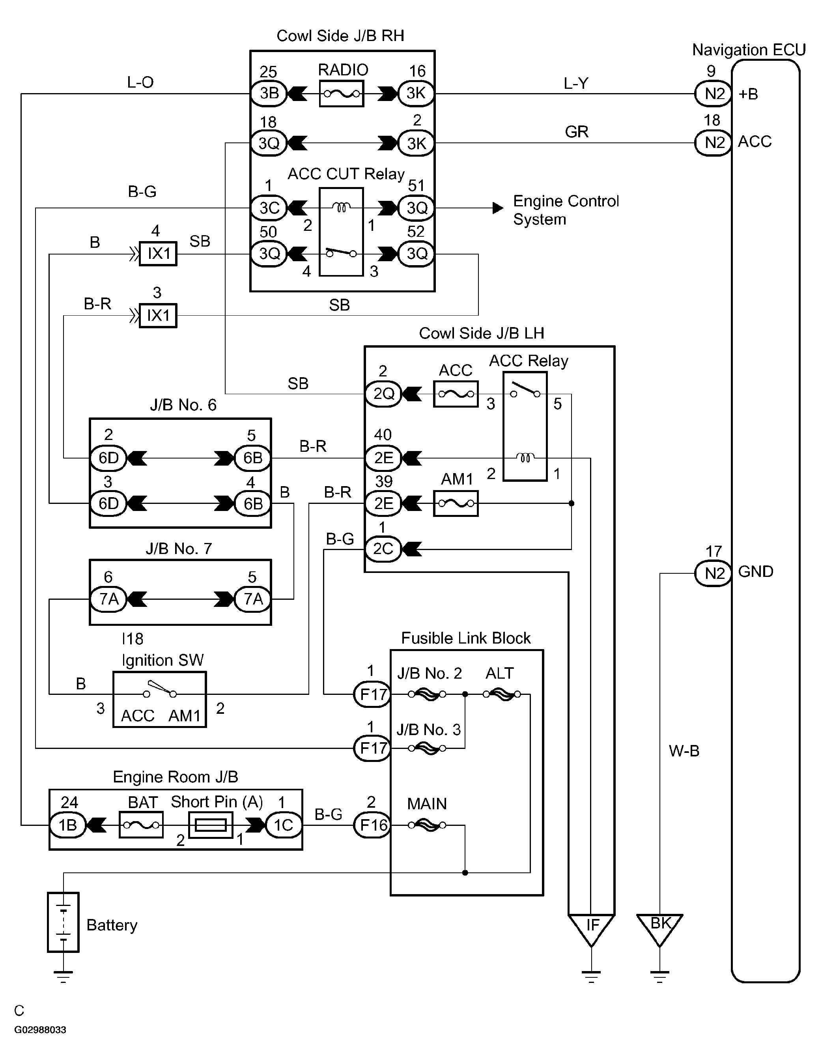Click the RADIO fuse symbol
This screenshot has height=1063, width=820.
pos(341,94)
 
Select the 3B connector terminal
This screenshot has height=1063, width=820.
pos(269,93)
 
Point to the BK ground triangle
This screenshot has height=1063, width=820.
pos(660,928)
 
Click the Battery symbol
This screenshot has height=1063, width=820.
pos(63,922)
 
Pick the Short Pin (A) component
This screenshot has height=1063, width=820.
pos(211,825)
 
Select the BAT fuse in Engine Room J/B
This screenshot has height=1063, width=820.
pos(141,825)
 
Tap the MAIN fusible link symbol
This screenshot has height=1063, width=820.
pos(427,825)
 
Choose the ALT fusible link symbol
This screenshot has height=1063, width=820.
pos(502,694)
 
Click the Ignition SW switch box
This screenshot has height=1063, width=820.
pos(160,700)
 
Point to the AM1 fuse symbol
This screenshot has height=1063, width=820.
pos(456,503)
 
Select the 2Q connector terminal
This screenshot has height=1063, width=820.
pos(383,394)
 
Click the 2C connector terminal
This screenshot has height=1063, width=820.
pos(383,548)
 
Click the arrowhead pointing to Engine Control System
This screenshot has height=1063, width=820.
pos(497,208)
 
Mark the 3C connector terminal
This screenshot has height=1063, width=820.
pos(269,208)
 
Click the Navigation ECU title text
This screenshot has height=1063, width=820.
pos(749,50)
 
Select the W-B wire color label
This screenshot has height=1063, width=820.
pos(684,751)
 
